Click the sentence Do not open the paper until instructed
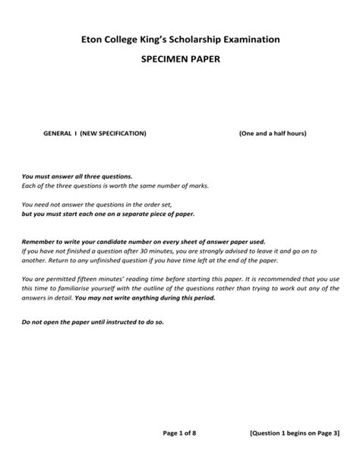click(x=92, y=322)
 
